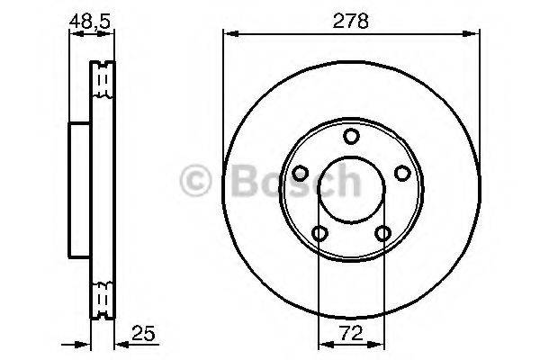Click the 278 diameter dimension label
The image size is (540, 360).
point(351,21)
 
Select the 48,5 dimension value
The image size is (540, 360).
point(92,20)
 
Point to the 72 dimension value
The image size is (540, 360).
point(351,334)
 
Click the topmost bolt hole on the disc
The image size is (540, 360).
point(351,136)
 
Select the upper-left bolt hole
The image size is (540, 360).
point(300,174)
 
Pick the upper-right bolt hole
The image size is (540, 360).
point(402,174)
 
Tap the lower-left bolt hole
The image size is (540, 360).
point(319,234)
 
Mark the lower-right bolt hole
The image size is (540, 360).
point(383,234)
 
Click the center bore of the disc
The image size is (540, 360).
point(351,190)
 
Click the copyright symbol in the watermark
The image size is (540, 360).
point(196,180)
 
